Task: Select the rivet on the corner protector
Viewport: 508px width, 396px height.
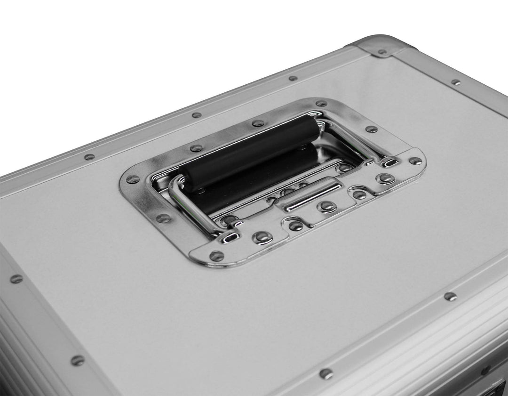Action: point(382,52)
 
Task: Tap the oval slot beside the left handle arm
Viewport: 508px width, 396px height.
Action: point(230,238)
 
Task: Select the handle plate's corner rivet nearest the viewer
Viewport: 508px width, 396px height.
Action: point(216,256)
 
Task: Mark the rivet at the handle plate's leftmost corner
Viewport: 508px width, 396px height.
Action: point(133,179)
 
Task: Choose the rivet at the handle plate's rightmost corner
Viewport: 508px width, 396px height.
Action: point(415,161)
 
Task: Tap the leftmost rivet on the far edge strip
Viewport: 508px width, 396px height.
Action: point(89,157)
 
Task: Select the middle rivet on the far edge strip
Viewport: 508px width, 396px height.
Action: point(196,115)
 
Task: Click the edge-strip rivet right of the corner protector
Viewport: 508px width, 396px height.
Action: point(455,82)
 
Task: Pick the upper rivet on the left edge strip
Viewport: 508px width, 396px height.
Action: point(16,279)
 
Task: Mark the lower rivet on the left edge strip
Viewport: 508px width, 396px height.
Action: point(77,360)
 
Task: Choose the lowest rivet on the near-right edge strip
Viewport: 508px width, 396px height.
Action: point(325,373)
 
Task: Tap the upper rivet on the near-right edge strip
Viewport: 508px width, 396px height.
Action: point(450,296)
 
